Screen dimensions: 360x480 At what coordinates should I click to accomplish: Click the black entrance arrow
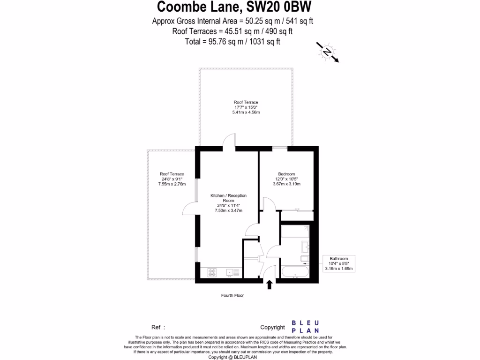[x=269, y=284]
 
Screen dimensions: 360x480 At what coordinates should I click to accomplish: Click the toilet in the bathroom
[x=304, y=258]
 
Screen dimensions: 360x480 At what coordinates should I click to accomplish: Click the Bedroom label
[x=286, y=174]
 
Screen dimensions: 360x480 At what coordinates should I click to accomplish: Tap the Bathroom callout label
[x=338, y=258]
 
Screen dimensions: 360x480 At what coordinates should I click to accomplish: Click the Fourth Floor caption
[x=232, y=295]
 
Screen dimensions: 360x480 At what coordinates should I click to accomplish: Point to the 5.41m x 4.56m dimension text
[x=246, y=113]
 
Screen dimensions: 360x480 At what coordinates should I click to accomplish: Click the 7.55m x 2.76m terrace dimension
[x=172, y=184]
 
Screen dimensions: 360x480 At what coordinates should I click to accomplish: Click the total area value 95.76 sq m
[x=225, y=42]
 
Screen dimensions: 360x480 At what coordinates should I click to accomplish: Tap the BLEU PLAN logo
[x=306, y=327]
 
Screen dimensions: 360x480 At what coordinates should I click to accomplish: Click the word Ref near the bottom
[x=156, y=328]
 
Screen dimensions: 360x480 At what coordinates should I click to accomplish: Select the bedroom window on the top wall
[x=280, y=148]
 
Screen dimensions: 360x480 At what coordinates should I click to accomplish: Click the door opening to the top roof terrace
[x=229, y=142]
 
